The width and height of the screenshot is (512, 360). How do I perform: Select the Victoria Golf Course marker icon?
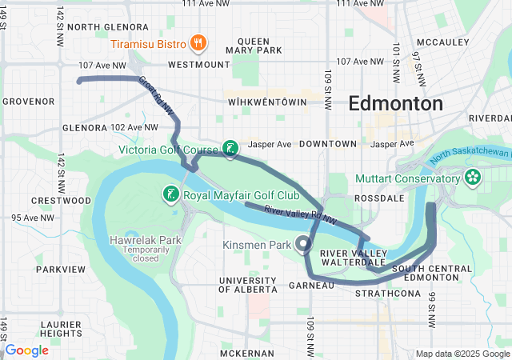coord(230,148)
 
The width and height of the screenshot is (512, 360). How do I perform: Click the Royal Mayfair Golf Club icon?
coord(170,194)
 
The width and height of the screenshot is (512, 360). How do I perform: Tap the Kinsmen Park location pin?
coord(303,243)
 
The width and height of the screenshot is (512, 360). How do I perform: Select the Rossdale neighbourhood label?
coord(376,198)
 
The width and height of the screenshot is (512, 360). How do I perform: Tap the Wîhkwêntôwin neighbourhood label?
coord(267,103)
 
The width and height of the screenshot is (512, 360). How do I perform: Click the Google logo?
coord(27,350)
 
